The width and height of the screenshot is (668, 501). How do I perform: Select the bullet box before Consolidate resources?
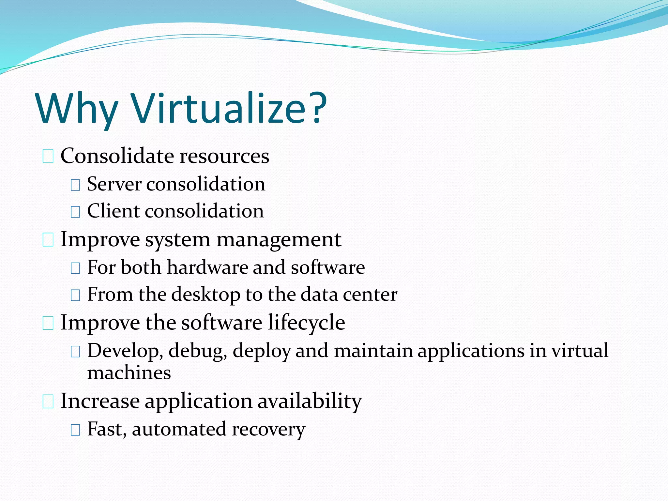coord(48,157)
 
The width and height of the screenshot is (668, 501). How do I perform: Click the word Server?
coord(114,184)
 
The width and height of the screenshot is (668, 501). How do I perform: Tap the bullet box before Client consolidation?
coord(75,212)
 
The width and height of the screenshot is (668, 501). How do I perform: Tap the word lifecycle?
coord(306,323)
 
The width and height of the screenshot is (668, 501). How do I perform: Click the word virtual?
coord(580,351)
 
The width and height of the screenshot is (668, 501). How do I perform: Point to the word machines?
coord(129,373)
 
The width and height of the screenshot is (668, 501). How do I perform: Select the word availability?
coord(310,401)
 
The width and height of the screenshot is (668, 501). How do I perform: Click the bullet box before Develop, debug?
coord(75,351)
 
